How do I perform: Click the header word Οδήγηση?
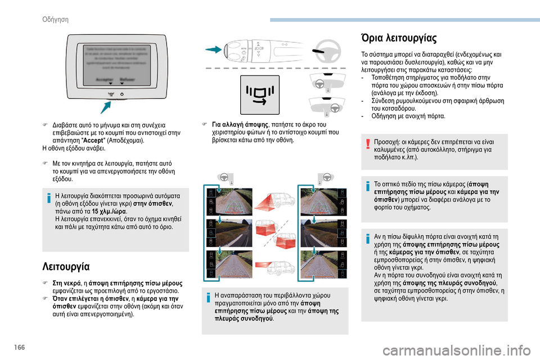pyautogui.click(x=55, y=19)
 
